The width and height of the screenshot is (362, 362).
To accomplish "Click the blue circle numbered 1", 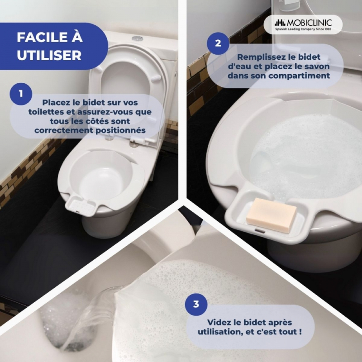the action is (21, 94).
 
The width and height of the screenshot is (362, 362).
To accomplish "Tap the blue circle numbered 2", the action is (218, 43).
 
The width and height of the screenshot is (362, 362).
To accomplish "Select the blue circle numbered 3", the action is (196, 304).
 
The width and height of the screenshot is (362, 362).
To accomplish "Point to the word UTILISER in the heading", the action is (49, 55).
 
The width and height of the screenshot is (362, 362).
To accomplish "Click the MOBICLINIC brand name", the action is (309, 23).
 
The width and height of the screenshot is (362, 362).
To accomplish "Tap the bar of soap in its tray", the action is (271, 214).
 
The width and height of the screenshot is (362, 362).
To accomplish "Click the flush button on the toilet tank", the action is (138, 38).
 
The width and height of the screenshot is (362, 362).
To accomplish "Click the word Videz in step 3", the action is (217, 322).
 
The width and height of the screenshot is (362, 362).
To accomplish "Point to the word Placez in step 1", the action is (56, 102).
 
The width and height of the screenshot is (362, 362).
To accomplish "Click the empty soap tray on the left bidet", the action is (81, 205).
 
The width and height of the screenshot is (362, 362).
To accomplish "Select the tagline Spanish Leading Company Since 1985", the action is (303, 29).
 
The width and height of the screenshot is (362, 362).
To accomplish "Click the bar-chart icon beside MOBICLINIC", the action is (280, 23).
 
